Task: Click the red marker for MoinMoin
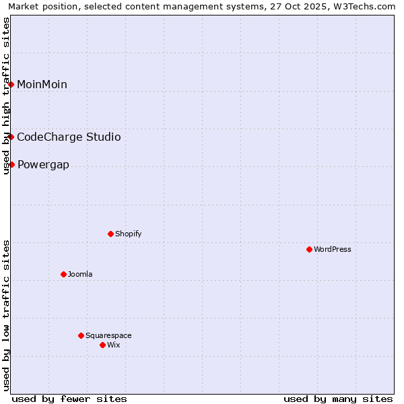pos(11,84)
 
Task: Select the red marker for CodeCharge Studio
pos(11,137)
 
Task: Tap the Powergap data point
pos(11,164)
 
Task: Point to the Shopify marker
pos(110,234)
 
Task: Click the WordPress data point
pos(309,249)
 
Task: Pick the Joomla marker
pos(63,274)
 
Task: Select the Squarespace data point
pos(81,335)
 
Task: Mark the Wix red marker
pos(102,345)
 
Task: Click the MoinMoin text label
pos(42,84)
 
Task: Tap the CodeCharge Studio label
pos(69,137)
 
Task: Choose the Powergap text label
pos(43,165)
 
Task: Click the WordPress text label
pos(333,249)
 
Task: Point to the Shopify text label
pos(128,234)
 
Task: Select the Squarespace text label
pos(108,335)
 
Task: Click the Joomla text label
pos(80,274)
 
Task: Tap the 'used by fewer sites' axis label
pos(69,399)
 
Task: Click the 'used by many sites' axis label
pos(338,399)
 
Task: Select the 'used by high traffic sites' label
pos(7,96)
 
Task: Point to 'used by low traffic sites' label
pos(7,315)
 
